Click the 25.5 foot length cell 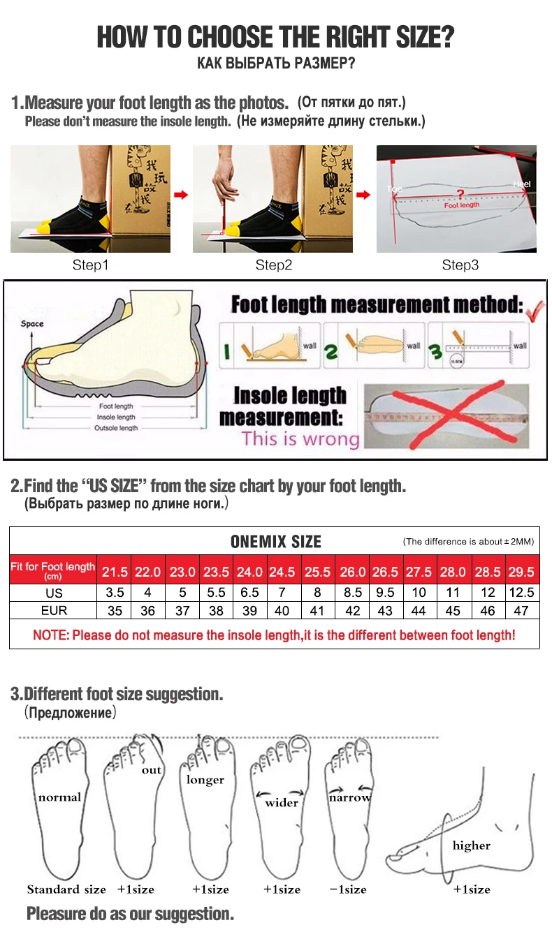317,572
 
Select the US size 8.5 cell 352,592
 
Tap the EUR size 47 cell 521,610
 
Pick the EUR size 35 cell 115,610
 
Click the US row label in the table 53,593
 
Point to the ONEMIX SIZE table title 275,542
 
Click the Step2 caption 273,265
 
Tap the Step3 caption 460,265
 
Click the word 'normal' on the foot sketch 59,797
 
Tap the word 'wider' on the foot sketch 281,803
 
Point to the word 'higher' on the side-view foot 471,845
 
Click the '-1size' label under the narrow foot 348,889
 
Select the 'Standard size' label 66,889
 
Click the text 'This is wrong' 300,438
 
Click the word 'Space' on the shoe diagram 32,324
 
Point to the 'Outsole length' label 116,428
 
